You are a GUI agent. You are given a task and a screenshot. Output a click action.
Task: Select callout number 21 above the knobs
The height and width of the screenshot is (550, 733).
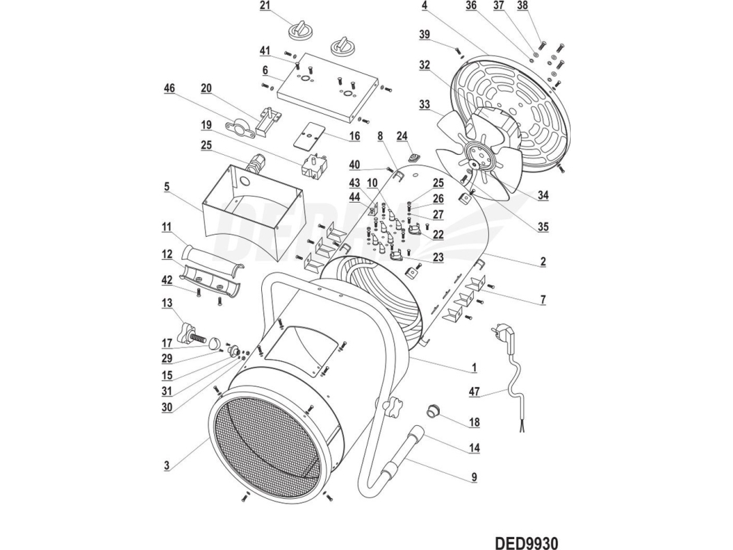265,6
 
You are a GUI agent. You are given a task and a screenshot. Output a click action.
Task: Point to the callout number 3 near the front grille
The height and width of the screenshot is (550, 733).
166,467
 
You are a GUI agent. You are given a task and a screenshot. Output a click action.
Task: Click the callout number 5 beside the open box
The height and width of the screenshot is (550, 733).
166,185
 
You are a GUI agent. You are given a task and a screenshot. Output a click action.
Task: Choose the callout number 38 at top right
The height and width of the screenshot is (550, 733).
541,6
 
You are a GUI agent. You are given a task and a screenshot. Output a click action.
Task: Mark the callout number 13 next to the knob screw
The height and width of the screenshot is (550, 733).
167,303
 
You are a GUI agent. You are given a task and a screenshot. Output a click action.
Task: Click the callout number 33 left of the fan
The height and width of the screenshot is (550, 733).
424,105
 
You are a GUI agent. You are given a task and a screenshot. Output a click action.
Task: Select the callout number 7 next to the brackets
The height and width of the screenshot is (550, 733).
542,300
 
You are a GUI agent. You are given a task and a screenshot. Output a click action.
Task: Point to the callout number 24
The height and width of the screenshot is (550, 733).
402,136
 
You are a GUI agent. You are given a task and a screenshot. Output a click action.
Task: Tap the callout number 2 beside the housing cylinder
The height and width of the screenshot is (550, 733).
542,261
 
